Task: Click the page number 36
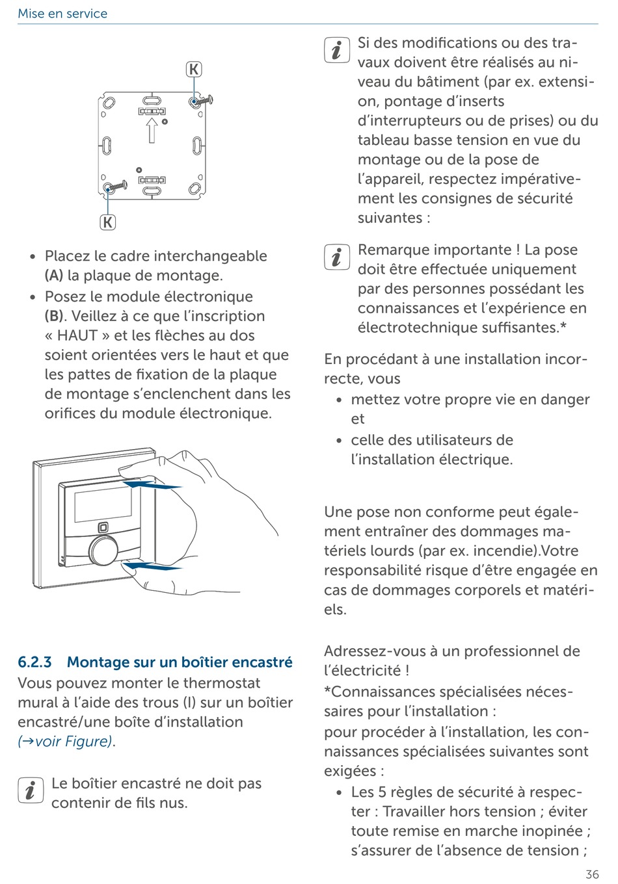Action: [x=591, y=874]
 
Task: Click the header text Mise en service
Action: [x=62, y=14]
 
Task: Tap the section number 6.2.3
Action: [x=34, y=662]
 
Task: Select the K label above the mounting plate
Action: [x=194, y=70]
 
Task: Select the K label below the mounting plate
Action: [x=107, y=222]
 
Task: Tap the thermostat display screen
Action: [x=103, y=505]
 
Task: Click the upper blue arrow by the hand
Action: [x=153, y=485]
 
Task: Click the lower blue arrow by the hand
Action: [x=153, y=567]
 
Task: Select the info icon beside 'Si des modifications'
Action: [x=336, y=50]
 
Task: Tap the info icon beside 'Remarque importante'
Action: [x=336, y=257]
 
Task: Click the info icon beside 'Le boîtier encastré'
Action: [x=31, y=790]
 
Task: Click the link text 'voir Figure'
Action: [x=72, y=742]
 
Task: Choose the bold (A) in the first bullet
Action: [x=54, y=276]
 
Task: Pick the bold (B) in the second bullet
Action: [x=54, y=317]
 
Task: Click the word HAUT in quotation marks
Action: [x=77, y=336]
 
